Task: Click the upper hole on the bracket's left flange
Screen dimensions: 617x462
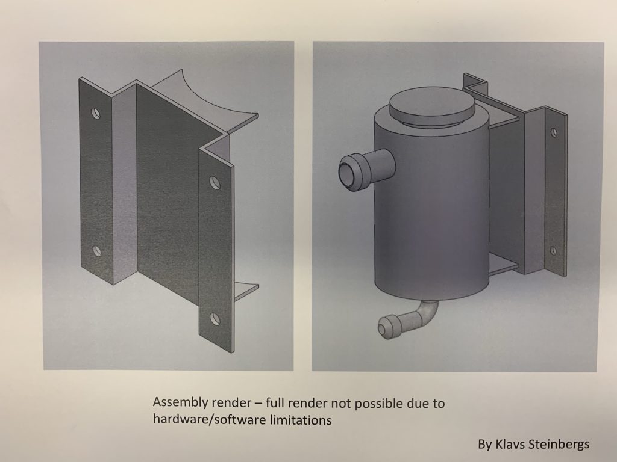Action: point(96,114)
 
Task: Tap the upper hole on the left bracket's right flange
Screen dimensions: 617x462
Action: point(215,183)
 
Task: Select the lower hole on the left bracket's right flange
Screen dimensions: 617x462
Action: point(215,319)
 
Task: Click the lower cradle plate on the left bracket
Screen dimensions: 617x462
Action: point(246,290)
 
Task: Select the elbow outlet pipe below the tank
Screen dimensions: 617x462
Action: point(409,319)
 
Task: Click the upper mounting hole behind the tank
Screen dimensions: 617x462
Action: point(553,132)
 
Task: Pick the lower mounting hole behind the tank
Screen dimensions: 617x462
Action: point(553,250)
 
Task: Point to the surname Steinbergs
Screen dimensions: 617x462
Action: point(559,445)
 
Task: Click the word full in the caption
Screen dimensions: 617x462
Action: point(274,403)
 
